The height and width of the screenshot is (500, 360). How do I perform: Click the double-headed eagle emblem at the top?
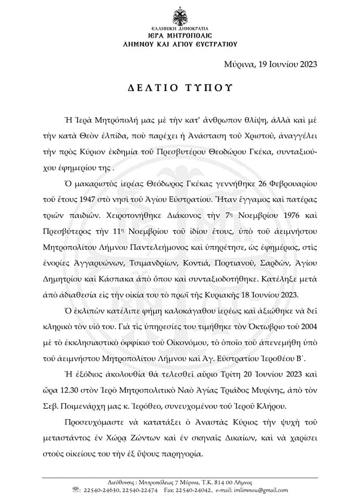pyautogui.click(x=180, y=13)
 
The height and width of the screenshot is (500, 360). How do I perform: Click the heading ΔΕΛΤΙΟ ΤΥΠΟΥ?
pyautogui.click(x=180, y=86)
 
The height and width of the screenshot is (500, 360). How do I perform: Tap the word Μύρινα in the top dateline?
pyautogui.click(x=237, y=65)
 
